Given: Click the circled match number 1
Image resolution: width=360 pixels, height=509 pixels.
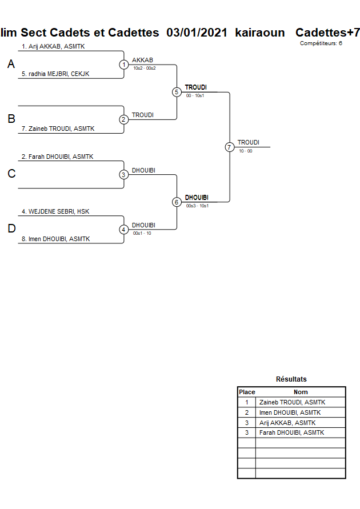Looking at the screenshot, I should (x=124, y=65).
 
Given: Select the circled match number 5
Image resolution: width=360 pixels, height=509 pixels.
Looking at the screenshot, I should (x=177, y=92).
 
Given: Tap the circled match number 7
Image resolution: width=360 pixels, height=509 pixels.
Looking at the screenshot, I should (x=229, y=147).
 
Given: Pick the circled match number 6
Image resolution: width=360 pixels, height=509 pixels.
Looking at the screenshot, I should (x=177, y=202).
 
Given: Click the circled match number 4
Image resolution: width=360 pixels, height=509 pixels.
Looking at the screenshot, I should (x=124, y=230).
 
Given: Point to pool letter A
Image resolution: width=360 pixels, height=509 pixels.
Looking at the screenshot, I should (x=11, y=65).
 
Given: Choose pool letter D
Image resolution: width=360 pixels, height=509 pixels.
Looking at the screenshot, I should (x=11, y=229).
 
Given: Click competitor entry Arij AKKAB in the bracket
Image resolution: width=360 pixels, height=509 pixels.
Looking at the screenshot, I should (x=53, y=46).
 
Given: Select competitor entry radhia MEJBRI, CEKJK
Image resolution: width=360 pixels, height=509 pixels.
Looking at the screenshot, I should (x=55, y=74).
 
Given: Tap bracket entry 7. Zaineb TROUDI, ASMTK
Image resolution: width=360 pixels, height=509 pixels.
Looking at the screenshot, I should (x=58, y=129).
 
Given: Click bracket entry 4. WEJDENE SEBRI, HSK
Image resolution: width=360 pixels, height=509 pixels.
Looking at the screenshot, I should (x=55, y=211).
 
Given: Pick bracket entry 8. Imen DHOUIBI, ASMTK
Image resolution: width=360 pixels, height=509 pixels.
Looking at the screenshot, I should (x=55, y=239).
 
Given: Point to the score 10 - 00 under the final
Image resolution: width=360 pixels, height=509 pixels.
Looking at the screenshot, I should (x=246, y=151).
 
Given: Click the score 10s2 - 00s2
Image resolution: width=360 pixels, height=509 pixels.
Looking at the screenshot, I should (x=144, y=68).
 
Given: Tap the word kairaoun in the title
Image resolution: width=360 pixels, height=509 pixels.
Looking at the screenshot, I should (x=259, y=33).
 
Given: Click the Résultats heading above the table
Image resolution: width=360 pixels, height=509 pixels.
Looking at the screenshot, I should (x=291, y=379).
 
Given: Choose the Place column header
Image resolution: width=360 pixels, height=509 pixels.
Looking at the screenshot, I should (x=247, y=392).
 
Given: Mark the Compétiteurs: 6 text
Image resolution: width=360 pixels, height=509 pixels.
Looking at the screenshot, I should (x=321, y=43).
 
